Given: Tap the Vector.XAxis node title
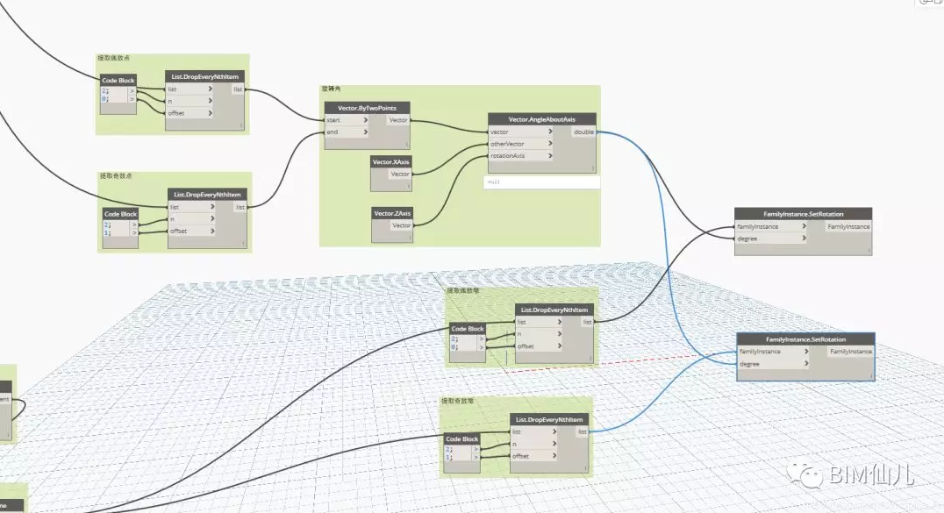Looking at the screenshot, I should [x=390, y=162].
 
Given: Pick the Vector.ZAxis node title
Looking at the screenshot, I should [x=391, y=213].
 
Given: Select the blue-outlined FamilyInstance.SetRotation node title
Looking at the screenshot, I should [x=805, y=339].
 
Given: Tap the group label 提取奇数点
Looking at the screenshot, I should [x=116, y=176].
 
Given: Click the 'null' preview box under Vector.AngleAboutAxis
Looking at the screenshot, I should [x=541, y=182].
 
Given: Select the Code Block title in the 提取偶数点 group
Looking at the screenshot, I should [x=118, y=81].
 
